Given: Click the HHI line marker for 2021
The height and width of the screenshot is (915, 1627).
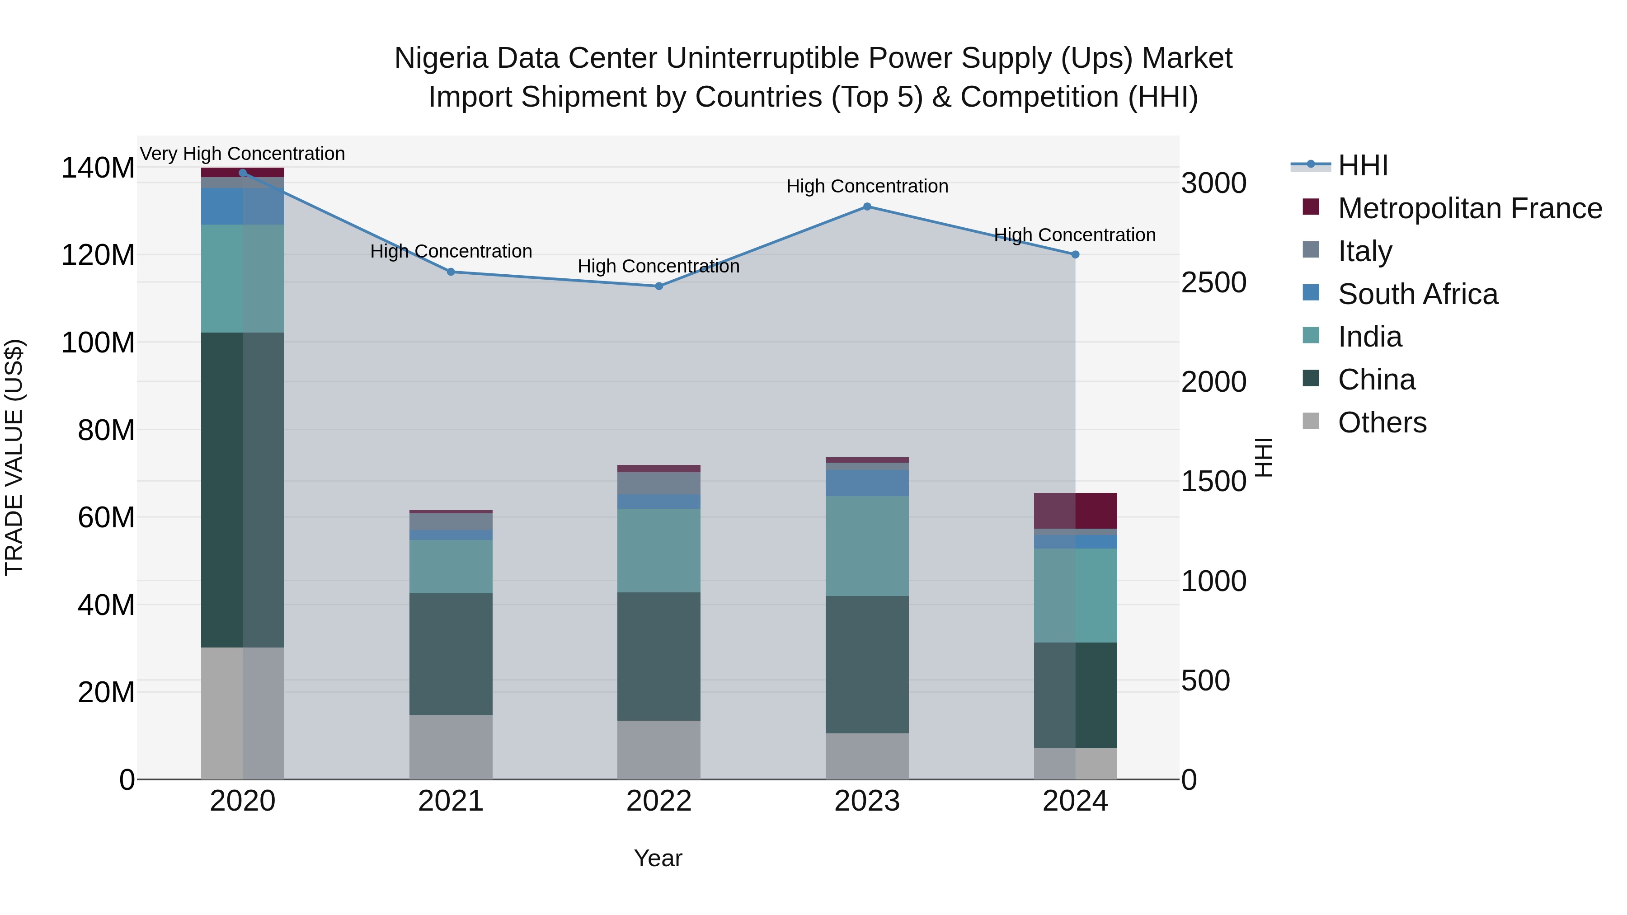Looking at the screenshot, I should tap(451, 272).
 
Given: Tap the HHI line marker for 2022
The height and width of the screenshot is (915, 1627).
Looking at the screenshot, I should tap(659, 286).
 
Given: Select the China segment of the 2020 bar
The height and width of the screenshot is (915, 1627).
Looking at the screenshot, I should tap(243, 489).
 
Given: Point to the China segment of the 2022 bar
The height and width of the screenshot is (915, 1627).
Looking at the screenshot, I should tap(659, 656).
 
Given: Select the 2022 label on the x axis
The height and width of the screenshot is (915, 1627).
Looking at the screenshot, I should tap(659, 801).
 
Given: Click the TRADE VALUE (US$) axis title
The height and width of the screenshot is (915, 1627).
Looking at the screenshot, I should tap(14, 457).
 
